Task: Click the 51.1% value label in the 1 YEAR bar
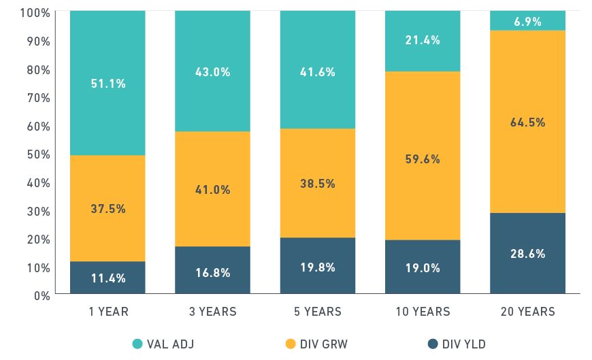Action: [108, 84]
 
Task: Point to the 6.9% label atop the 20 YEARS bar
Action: [527, 22]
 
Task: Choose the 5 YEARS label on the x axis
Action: [318, 312]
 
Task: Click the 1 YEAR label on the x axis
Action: [108, 312]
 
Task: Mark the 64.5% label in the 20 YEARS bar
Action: [527, 122]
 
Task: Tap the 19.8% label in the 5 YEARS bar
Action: [318, 267]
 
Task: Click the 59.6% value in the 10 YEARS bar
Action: [423, 159]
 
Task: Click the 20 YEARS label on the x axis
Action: [527, 312]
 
